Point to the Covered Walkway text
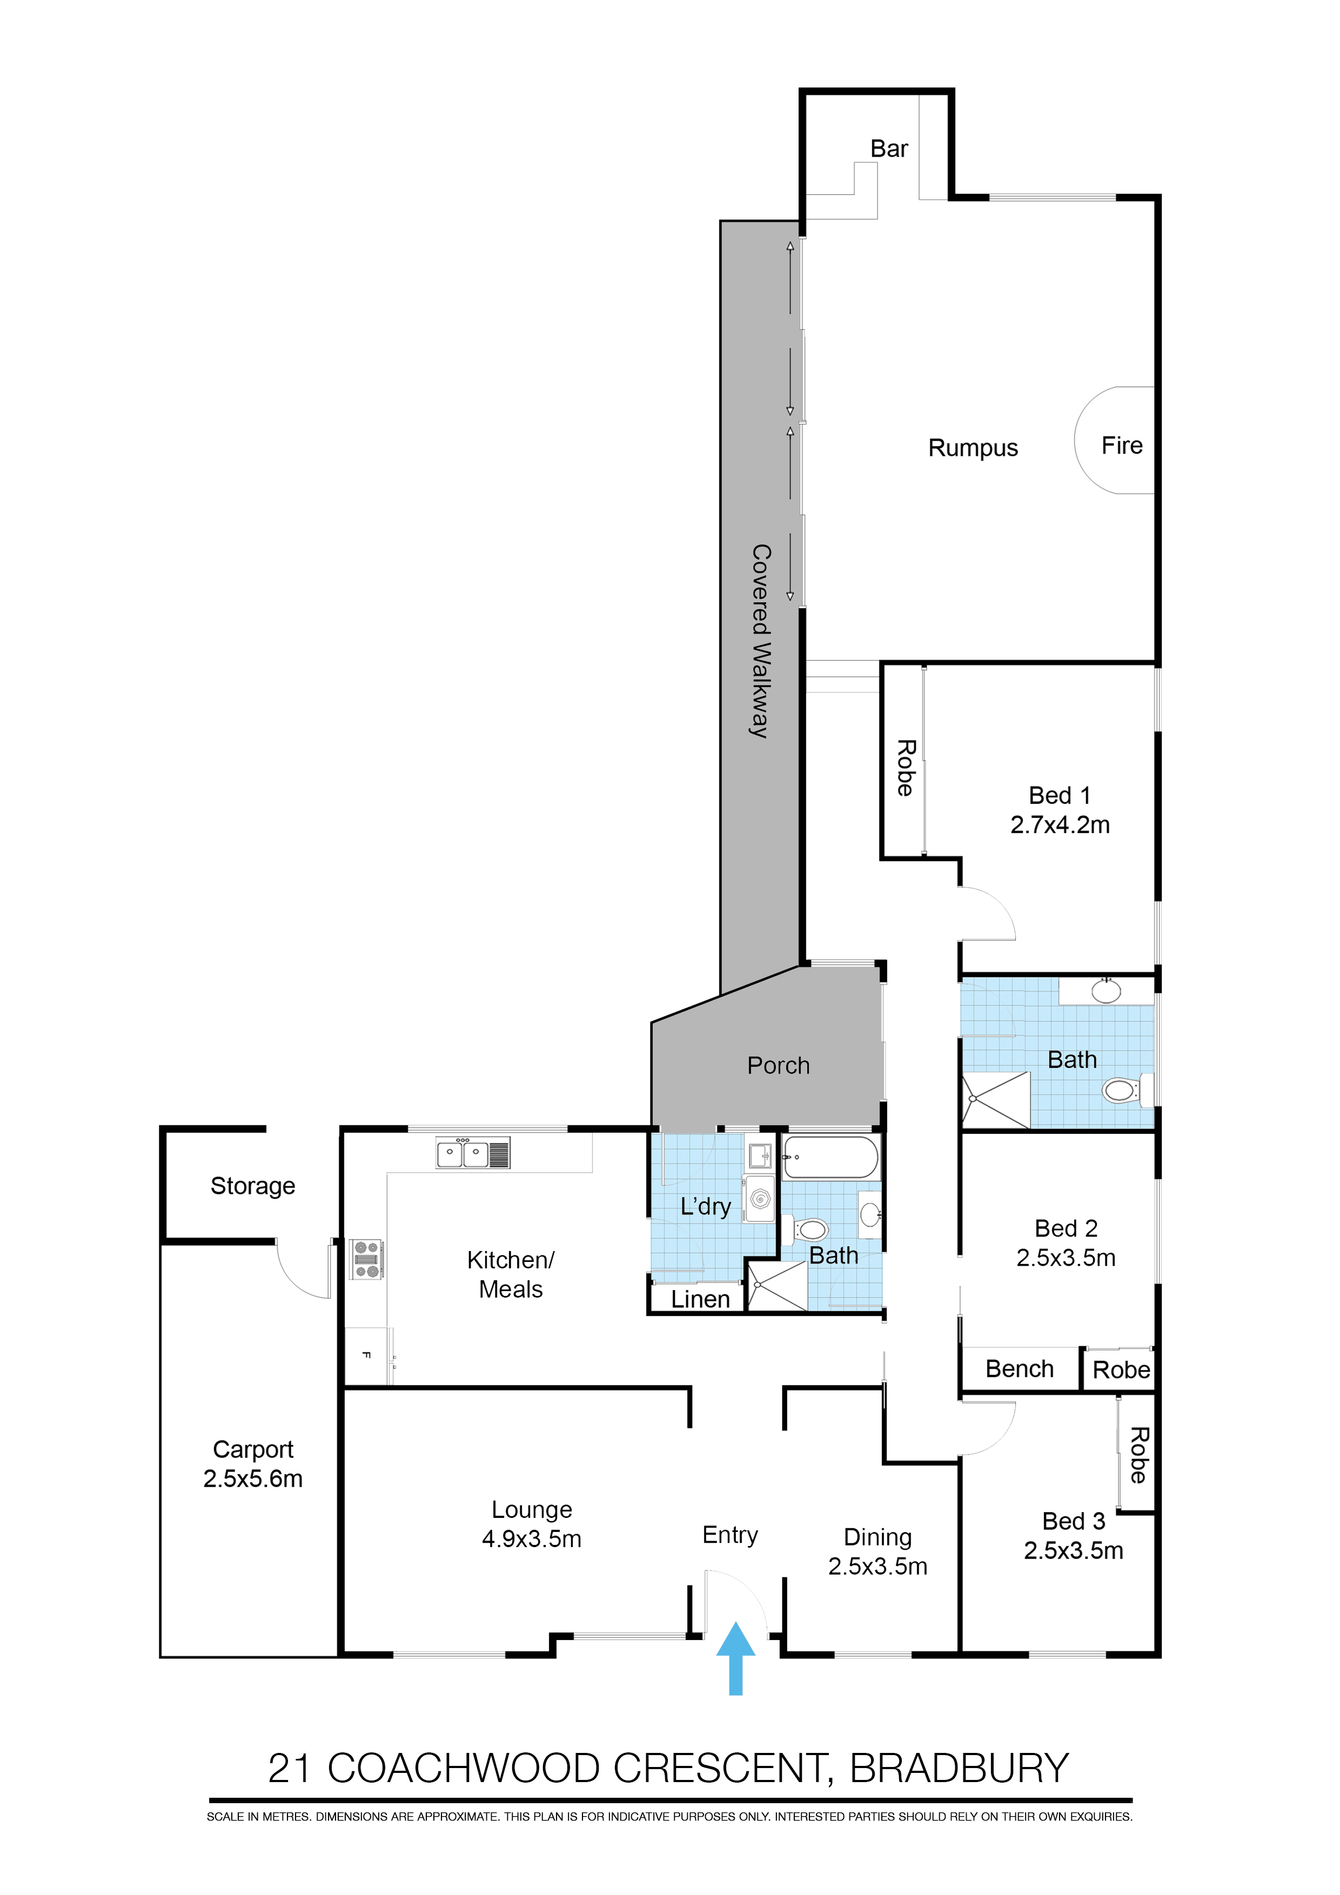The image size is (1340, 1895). click(760, 641)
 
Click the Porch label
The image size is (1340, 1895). click(778, 1065)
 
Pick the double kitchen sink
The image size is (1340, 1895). click(472, 1153)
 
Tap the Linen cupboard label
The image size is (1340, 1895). click(700, 1299)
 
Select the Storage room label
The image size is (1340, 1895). click(253, 1186)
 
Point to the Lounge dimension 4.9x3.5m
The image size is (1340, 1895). click(531, 1538)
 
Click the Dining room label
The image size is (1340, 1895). click(877, 1537)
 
